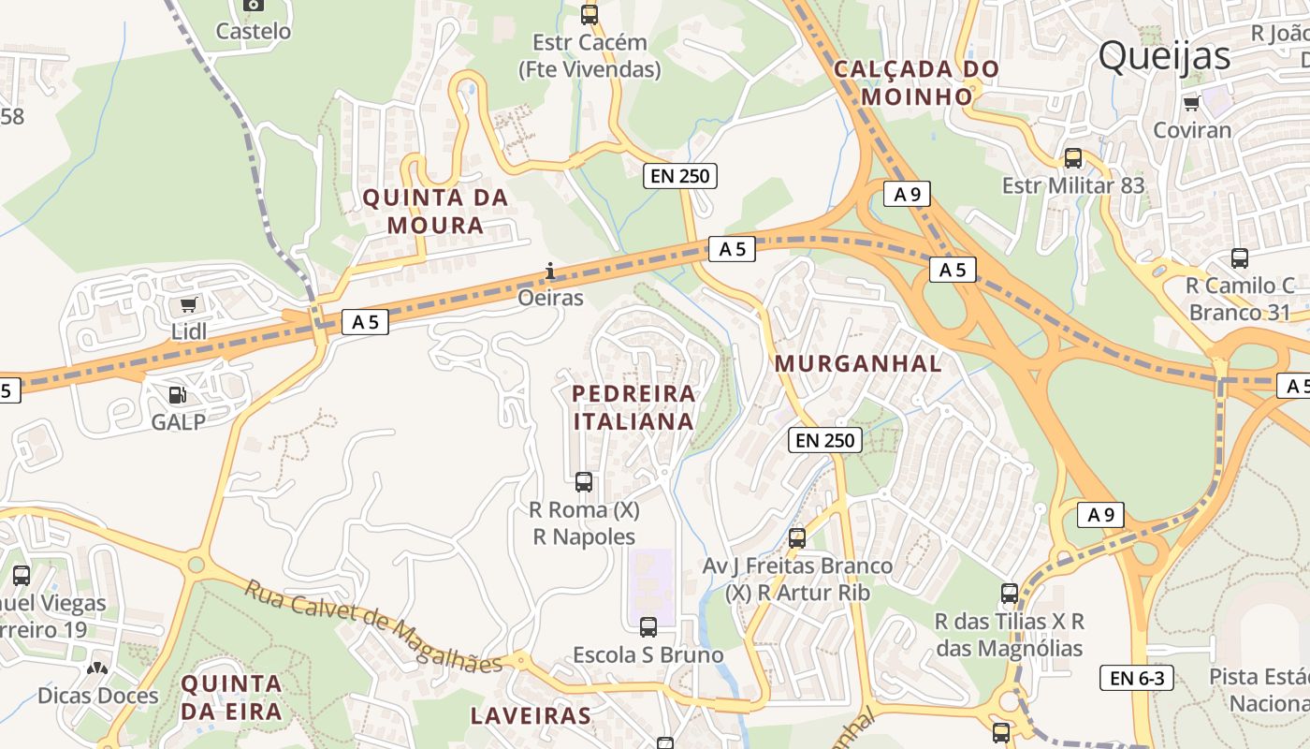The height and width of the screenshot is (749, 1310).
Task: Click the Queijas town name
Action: pos(1164,56)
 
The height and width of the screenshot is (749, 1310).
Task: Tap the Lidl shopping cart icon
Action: pos(189,304)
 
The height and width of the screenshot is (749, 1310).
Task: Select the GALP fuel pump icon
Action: pos(177,395)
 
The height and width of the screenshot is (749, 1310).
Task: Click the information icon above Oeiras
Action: pos(550,272)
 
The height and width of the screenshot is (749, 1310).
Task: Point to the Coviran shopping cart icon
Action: pos(1191,103)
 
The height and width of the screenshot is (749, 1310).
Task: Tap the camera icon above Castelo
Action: pos(253,5)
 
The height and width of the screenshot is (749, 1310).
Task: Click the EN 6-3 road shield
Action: pos(1136,678)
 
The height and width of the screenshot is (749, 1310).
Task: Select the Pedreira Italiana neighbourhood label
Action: pos(633,407)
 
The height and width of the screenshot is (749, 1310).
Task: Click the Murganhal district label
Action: pos(858,364)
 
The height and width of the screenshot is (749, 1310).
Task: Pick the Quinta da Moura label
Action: pos(435,212)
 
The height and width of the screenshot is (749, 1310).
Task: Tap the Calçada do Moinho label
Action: pos(916,82)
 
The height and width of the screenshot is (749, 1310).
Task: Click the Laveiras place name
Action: pos(530,716)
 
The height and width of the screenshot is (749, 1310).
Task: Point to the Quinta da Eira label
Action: pos(231,698)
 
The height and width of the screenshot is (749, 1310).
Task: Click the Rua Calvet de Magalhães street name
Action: pos(374,626)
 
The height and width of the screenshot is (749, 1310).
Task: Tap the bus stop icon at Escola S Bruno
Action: pos(648,627)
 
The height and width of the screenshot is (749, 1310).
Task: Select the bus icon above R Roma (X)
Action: pos(584,482)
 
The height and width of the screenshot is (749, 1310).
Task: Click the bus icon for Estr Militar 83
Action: pos(1072,158)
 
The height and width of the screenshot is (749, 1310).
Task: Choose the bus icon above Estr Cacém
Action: pos(589,15)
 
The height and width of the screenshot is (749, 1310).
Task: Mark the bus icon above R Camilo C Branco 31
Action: pos(1239,258)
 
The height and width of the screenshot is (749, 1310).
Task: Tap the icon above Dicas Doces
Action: pos(97,668)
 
